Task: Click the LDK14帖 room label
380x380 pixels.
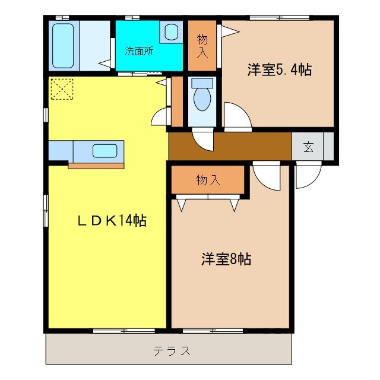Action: click(112, 221)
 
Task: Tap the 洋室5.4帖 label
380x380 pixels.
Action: click(279, 69)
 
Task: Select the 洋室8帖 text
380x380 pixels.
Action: click(226, 259)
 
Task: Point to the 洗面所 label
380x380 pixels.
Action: click(138, 50)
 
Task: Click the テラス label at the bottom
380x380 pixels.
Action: click(172, 351)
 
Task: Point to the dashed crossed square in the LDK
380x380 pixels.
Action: click(61, 90)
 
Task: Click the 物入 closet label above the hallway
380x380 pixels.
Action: click(202, 46)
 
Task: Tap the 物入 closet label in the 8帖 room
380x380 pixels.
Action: click(208, 180)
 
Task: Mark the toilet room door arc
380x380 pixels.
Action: click(203, 139)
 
